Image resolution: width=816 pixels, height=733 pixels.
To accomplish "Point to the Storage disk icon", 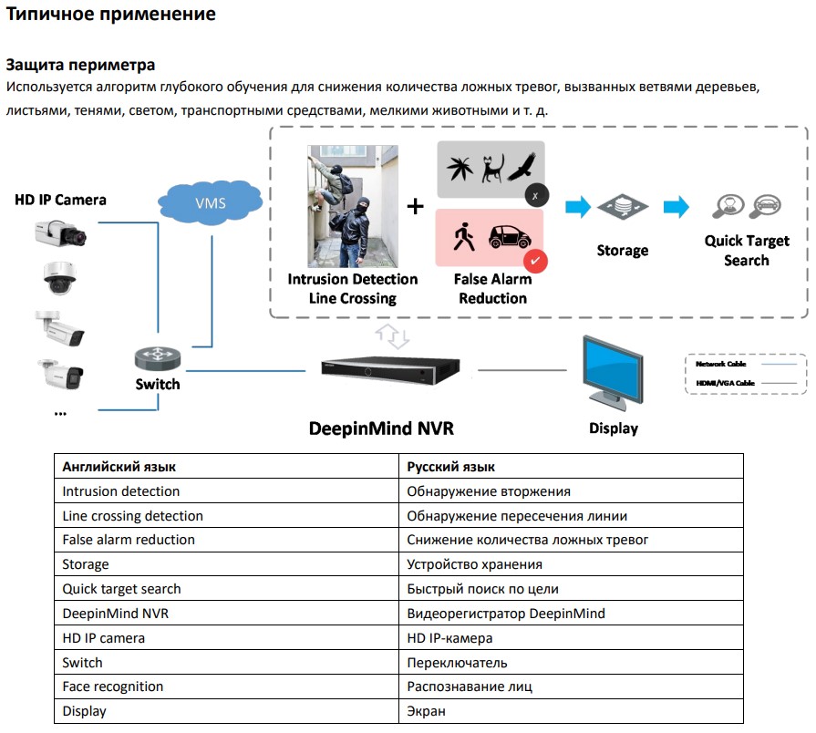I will [622, 208].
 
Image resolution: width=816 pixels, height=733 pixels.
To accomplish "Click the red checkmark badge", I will [536, 261].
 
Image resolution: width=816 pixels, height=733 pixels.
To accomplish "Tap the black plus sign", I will [416, 207].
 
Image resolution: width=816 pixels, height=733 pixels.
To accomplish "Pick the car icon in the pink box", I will [510, 237].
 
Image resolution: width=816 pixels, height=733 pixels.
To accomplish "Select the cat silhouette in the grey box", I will [493, 167].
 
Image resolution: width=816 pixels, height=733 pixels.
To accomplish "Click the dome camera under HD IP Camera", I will [60, 278].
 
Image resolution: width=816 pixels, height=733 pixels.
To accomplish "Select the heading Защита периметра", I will [80, 65].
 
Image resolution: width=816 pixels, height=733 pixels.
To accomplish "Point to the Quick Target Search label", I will [746, 251].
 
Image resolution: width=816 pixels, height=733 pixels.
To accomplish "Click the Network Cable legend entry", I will [720, 364].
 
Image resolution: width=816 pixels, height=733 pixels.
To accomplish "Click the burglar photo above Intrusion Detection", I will [352, 206].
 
